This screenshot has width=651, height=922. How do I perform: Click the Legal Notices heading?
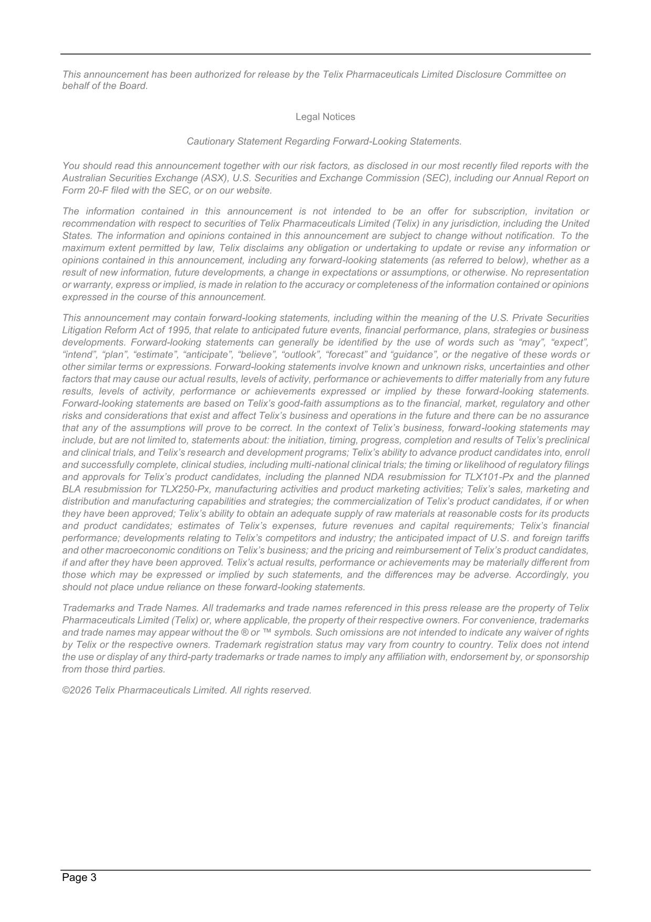pyautogui.click(x=325, y=117)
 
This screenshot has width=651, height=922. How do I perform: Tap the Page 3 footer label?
pyautogui.click(x=79, y=877)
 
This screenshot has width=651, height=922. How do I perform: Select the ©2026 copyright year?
pyautogui.click(x=77, y=690)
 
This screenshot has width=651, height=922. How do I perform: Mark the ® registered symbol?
pyautogui.click(x=244, y=632)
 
